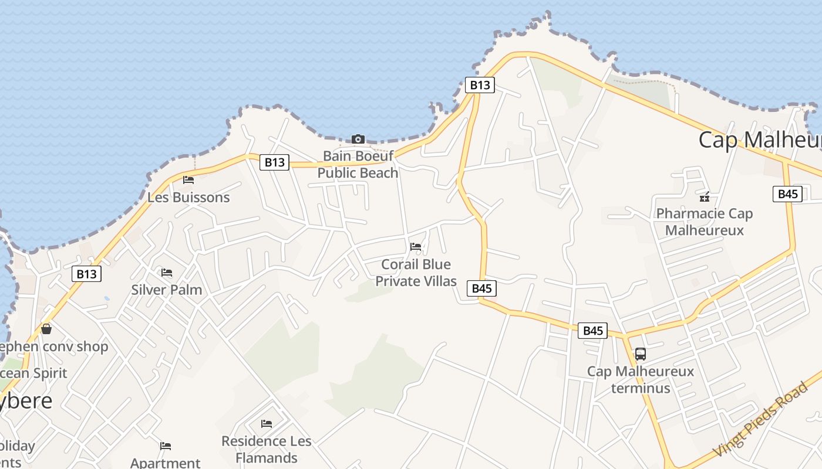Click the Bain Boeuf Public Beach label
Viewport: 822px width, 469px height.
(x=358, y=164)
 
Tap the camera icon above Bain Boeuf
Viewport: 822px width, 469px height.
(x=358, y=139)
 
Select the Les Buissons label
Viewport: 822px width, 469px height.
(x=188, y=197)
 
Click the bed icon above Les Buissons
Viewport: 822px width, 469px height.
(x=188, y=180)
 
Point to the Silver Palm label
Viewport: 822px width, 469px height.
(x=167, y=290)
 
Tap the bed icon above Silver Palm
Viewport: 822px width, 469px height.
(x=167, y=273)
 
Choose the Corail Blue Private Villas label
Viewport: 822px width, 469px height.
(x=416, y=273)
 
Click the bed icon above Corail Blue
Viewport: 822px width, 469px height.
(x=416, y=247)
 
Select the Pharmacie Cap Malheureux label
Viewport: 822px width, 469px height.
(x=704, y=222)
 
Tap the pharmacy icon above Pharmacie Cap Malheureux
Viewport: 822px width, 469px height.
(x=704, y=196)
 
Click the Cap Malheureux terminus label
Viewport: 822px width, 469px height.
(x=641, y=379)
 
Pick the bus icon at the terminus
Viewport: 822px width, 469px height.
(x=641, y=354)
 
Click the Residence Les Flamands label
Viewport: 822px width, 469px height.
(x=267, y=449)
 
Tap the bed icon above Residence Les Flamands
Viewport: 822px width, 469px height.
(x=267, y=424)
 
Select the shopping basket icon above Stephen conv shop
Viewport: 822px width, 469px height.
(x=46, y=329)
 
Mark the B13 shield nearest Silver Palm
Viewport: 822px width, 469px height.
(x=86, y=274)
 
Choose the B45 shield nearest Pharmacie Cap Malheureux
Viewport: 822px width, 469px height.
(x=787, y=194)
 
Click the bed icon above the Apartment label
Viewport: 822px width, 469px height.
(x=166, y=447)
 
